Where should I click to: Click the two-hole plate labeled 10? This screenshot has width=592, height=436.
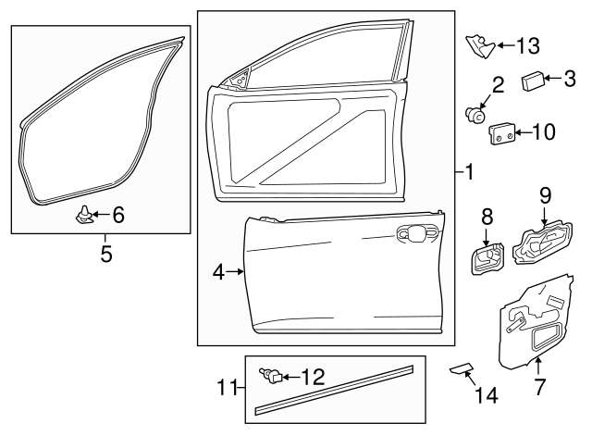point(500,135)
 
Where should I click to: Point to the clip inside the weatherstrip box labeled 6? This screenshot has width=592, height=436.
point(83,216)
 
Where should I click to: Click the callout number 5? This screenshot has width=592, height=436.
point(105,253)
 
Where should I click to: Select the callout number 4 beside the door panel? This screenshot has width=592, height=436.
point(219,272)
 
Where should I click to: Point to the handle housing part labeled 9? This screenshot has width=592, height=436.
point(541,246)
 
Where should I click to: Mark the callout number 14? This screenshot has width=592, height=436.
point(486,395)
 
